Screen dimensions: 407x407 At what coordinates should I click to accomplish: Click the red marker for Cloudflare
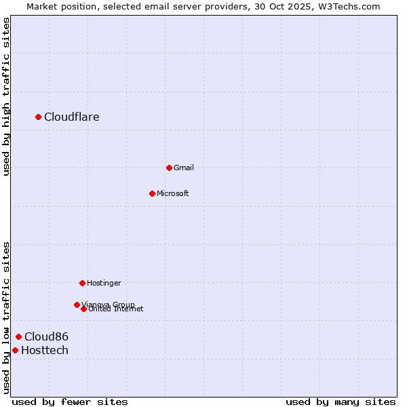pos(39,117)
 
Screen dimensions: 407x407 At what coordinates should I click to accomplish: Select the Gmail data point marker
pos(169,168)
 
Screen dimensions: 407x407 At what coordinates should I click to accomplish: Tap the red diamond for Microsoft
pos(153,193)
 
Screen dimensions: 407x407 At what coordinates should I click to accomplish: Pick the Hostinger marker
pos(82,283)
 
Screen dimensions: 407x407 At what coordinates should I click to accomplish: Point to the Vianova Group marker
pos(77,305)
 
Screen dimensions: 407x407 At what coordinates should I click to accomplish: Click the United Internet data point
pos(83,309)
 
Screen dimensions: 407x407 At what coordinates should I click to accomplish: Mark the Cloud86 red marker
pos(19,336)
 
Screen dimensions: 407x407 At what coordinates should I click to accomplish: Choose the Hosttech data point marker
pos(15,350)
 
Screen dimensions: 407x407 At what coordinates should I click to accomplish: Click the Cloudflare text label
pos(72,117)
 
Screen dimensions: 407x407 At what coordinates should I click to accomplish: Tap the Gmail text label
pos(184,168)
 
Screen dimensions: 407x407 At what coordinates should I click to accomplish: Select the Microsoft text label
pos(173,193)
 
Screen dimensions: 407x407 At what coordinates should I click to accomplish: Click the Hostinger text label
pos(104,283)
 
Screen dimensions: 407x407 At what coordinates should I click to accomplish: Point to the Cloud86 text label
pos(46,336)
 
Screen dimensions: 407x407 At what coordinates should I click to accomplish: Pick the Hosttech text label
pos(45,350)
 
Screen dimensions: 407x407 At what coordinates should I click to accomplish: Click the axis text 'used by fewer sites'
pos(70,402)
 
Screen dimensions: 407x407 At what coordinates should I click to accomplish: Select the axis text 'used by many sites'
pos(341,402)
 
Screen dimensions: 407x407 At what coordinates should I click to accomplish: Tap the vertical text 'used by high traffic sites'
pos(7,96)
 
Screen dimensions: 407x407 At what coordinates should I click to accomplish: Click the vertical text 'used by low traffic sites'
pos(7,317)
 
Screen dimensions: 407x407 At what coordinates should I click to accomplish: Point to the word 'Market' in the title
pos(43,6)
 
